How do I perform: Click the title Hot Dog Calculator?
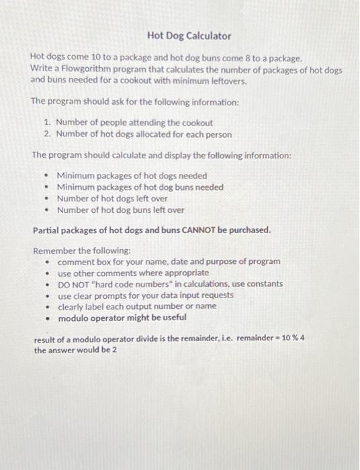point(189,36)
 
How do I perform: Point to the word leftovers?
point(208,81)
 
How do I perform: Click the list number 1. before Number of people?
point(48,123)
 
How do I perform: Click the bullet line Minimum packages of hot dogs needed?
point(132,176)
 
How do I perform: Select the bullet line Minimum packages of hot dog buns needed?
point(140,187)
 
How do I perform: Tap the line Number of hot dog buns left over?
point(120,210)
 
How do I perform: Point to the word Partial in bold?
point(48,230)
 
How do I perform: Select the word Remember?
point(54,250)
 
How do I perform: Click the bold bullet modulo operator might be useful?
point(122,318)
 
